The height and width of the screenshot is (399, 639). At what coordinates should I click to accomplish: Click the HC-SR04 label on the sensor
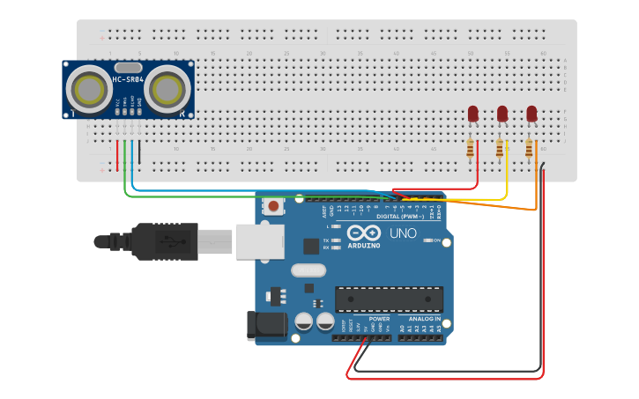128,81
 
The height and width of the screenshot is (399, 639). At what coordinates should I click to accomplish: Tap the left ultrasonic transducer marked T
88,89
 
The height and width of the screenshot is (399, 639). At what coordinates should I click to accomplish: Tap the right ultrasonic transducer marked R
167,89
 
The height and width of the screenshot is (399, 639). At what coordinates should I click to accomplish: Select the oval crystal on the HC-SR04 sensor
128,67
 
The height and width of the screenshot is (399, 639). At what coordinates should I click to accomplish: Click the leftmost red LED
472,114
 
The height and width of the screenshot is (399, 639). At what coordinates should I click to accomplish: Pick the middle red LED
502,114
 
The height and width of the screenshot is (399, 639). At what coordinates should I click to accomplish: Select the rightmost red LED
531,114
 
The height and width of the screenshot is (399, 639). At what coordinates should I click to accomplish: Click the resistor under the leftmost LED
471,148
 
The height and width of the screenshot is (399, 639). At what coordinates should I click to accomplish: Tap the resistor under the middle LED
500,148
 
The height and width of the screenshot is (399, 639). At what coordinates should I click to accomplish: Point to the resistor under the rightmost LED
529,148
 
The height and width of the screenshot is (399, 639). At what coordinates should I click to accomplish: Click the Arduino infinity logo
363,233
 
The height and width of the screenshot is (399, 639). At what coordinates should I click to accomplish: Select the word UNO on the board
403,233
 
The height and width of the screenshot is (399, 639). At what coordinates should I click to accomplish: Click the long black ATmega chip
389,299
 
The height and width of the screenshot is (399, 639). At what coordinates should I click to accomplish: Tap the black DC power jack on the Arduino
268,326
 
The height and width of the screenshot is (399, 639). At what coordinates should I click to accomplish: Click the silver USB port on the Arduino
259,240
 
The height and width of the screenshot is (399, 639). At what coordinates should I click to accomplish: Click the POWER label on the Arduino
367,319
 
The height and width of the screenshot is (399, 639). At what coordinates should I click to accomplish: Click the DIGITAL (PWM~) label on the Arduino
399,216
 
